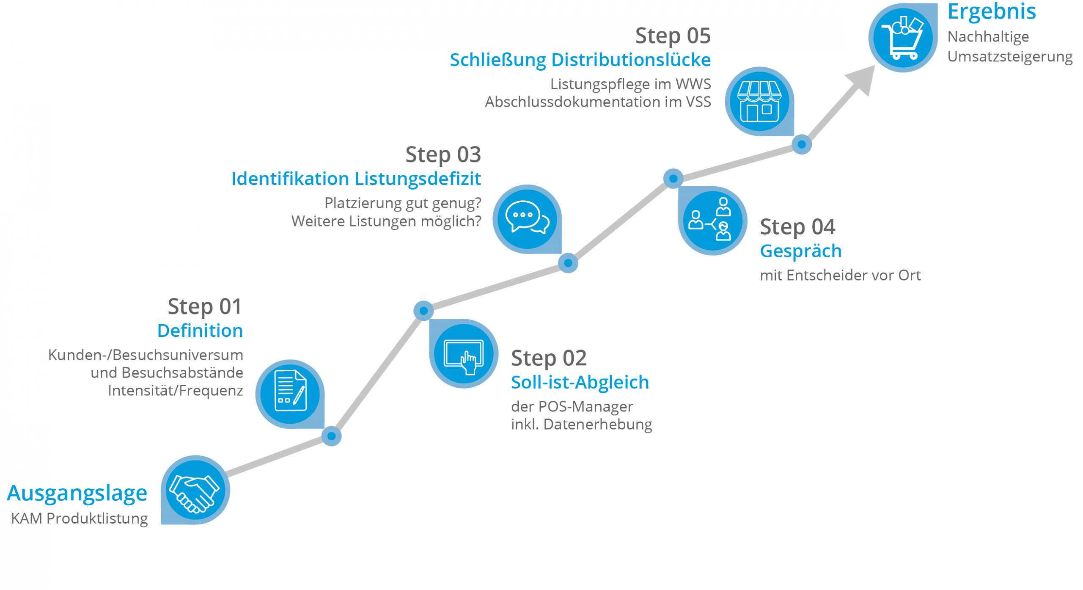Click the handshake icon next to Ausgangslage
(x=195, y=490)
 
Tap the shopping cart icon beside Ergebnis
(x=903, y=37)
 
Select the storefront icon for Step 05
(x=759, y=102)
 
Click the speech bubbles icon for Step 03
(x=527, y=219)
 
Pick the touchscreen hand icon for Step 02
(x=464, y=354)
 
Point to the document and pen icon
(x=290, y=393)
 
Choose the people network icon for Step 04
(x=712, y=220)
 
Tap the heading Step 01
(x=204, y=306)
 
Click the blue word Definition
(x=200, y=331)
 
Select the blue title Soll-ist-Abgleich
(x=580, y=382)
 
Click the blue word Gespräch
(x=801, y=251)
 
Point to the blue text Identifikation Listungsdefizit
(x=356, y=179)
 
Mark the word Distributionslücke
(x=631, y=60)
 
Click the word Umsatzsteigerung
(x=1010, y=56)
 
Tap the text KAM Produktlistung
(x=80, y=518)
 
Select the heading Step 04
(x=797, y=227)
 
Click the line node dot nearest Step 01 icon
(x=332, y=436)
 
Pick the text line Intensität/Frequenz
(x=176, y=390)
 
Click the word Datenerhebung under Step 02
(x=597, y=424)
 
